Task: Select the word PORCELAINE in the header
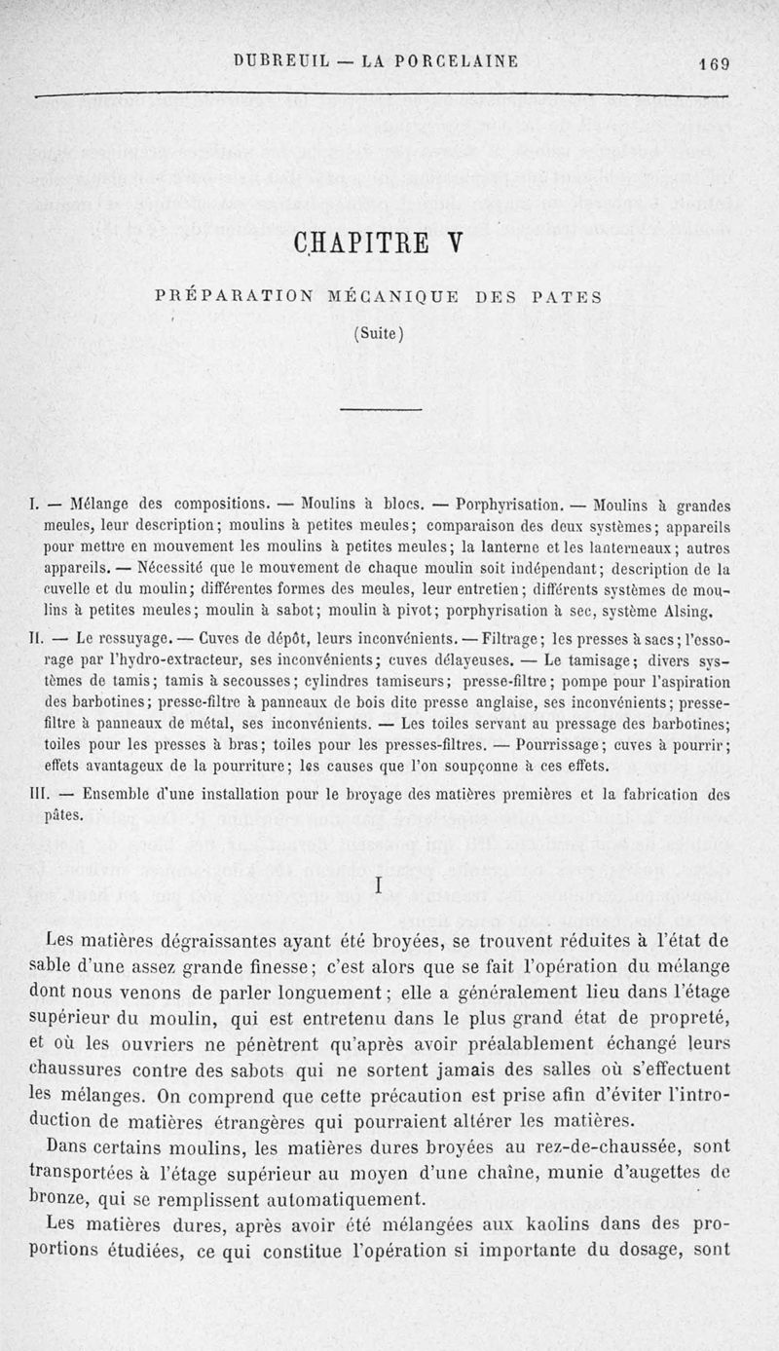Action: click(x=455, y=61)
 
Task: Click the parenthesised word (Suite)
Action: click(x=375, y=332)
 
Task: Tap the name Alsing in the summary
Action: click(x=695, y=614)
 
